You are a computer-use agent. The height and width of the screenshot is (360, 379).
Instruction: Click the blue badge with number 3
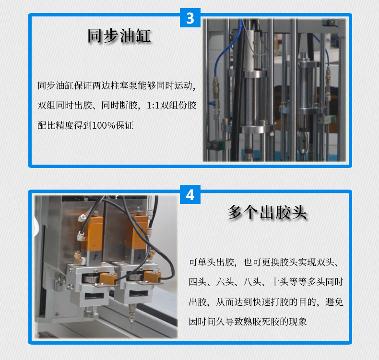tap(190, 18)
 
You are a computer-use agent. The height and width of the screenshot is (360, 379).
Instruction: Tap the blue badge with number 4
tap(190, 195)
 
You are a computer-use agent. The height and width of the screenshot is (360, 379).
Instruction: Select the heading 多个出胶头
tap(267, 212)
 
